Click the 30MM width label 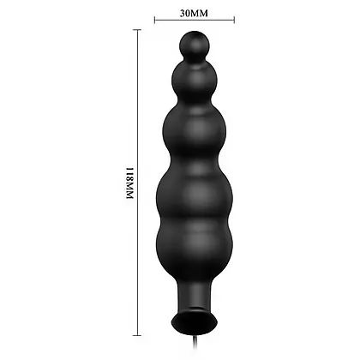(x=194, y=13)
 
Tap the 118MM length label (x=130, y=183)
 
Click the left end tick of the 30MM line (x=154, y=20)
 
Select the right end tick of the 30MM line (x=234, y=20)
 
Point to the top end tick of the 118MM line (x=137, y=29)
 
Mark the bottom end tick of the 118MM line (x=137, y=335)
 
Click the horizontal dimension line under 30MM (x=195, y=20)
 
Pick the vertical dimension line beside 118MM (x=137, y=183)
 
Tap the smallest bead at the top (x=195, y=45)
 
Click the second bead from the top (x=195, y=81)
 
